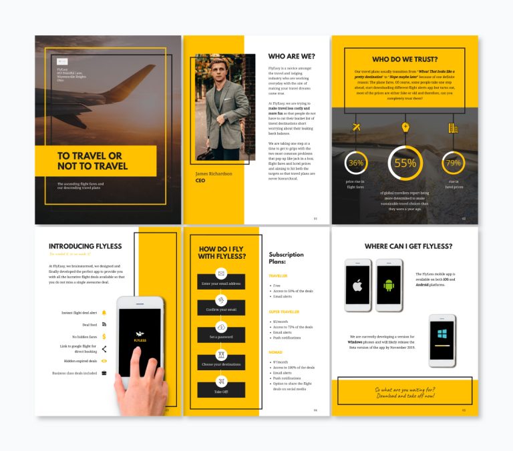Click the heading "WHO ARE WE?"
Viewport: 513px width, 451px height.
point(292,57)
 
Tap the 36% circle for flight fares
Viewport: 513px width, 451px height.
point(355,163)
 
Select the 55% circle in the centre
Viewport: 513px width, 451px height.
point(405,163)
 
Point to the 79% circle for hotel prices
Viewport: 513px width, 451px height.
point(454,163)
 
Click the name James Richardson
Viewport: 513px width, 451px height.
point(214,173)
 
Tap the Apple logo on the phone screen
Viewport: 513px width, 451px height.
point(357,286)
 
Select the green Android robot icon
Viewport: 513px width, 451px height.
point(389,286)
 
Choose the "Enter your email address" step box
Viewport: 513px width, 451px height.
point(221,284)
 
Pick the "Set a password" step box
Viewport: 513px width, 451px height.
point(221,336)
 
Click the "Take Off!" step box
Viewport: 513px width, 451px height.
point(221,391)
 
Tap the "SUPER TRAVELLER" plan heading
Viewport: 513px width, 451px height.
point(285,312)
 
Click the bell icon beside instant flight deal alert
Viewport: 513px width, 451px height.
point(104,312)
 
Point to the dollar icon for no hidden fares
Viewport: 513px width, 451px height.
point(104,336)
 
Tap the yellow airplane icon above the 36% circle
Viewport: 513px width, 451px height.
point(355,127)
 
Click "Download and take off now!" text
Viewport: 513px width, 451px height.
point(405,396)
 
